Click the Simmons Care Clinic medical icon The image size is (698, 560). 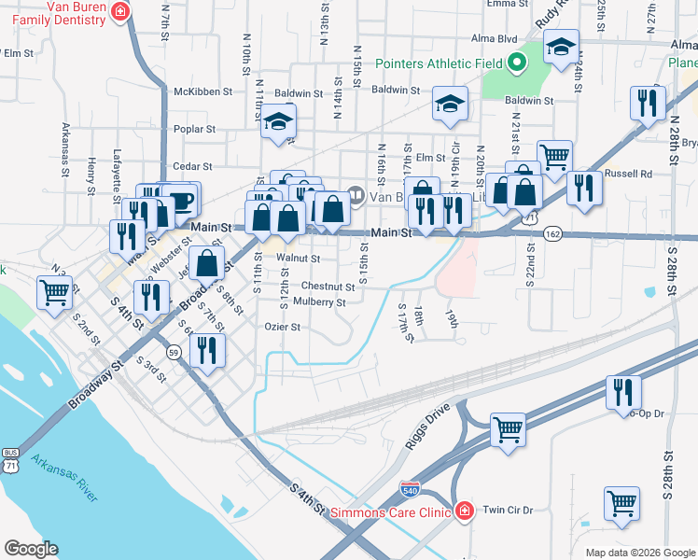point(464,511)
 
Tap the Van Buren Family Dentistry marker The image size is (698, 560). point(119,10)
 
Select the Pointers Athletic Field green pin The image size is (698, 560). point(516,64)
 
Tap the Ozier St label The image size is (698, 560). point(282,328)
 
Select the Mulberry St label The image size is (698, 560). point(319,302)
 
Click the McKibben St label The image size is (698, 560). point(195,91)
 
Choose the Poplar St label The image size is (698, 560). point(195,130)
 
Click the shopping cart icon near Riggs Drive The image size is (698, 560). point(509,429)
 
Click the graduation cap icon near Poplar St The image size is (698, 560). point(278,121)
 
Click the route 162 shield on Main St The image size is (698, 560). point(554,233)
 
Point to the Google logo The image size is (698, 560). point(31,549)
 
